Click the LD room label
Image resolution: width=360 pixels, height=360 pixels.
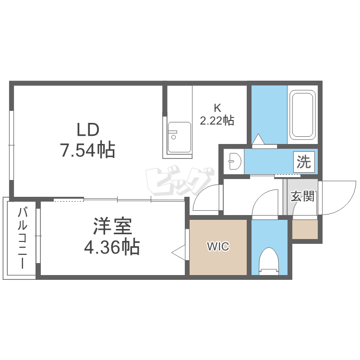pyautogui.click(x=88, y=130)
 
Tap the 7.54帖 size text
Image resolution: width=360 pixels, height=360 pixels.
pyautogui.click(x=88, y=150)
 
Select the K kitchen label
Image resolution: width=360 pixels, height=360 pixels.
pyautogui.click(x=217, y=108)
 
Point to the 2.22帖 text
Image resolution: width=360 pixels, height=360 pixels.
pyautogui.click(x=217, y=120)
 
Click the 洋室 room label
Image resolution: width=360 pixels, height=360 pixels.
pyautogui.click(x=112, y=226)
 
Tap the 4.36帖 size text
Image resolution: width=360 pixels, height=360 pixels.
pyautogui.click(x=112, y=247)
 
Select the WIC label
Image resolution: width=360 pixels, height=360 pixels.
pyautogui.click(x=218, y=247)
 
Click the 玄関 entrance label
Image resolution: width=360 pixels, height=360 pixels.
pyautogui.click(x=302, y=196)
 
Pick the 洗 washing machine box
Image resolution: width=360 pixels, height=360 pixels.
pyautogui.click(x=304, y=162)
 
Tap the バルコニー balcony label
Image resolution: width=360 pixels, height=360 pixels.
pyautogui.click(x=23, y=238)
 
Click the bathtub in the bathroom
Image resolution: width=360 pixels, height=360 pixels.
pyautogui.click(x=302, y=115)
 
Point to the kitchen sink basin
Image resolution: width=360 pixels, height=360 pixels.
pyautogui.click(x=180, y=137)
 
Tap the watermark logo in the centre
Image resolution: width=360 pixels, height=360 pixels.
pyautogui.click(x=180, y=181)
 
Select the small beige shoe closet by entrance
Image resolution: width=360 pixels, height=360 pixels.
pyautogui.click(x=305, y=229)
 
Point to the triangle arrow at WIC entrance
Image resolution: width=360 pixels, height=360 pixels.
pyautogui.click(x=179, y=252)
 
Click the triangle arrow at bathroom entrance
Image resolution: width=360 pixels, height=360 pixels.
pyautogui.click(x=258, y=139)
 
